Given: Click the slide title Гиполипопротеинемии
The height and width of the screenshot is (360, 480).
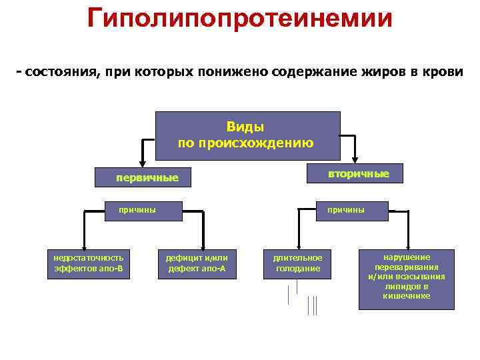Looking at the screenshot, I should [x=239, y=19].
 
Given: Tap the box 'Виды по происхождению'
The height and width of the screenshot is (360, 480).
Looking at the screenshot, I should [x=247, y=135].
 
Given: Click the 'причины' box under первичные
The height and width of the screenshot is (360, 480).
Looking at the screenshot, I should [x=137, y=210].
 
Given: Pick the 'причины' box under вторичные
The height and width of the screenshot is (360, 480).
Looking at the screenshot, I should [x=345, y=210].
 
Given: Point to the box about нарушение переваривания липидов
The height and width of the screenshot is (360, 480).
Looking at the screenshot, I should [x=406, y=279].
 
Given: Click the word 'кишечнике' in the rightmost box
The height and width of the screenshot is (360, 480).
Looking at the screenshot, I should [x=407, y=296].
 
